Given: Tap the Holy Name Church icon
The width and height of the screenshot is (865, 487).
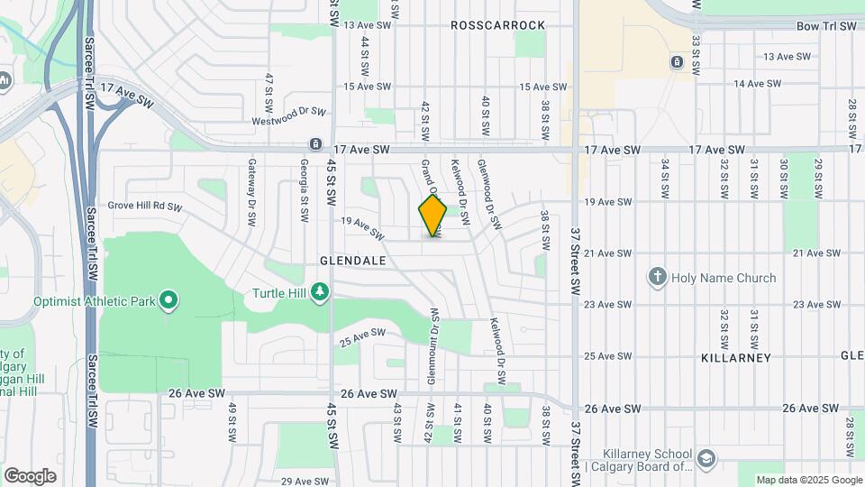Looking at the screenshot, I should coord(659,277).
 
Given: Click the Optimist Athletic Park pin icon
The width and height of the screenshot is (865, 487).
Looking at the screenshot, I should coord(168,300).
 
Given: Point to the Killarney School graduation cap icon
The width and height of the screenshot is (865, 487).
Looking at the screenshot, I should coord(706,459).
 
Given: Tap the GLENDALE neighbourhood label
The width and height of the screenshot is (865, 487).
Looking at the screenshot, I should coord(352,261).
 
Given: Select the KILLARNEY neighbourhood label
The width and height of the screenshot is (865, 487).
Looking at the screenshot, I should coord(736,358).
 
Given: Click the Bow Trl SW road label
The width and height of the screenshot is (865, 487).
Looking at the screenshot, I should coord(825,27).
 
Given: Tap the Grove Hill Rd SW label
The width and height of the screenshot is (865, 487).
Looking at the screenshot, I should coord(145,207).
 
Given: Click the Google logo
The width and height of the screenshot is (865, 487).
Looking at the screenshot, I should coord(30,475).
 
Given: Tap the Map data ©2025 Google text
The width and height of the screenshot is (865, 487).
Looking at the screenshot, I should coord(808,480).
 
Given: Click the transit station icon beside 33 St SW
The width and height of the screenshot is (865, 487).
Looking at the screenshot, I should coord(677,61).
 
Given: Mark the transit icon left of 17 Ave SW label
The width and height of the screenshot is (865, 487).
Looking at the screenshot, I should coord(315,144).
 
